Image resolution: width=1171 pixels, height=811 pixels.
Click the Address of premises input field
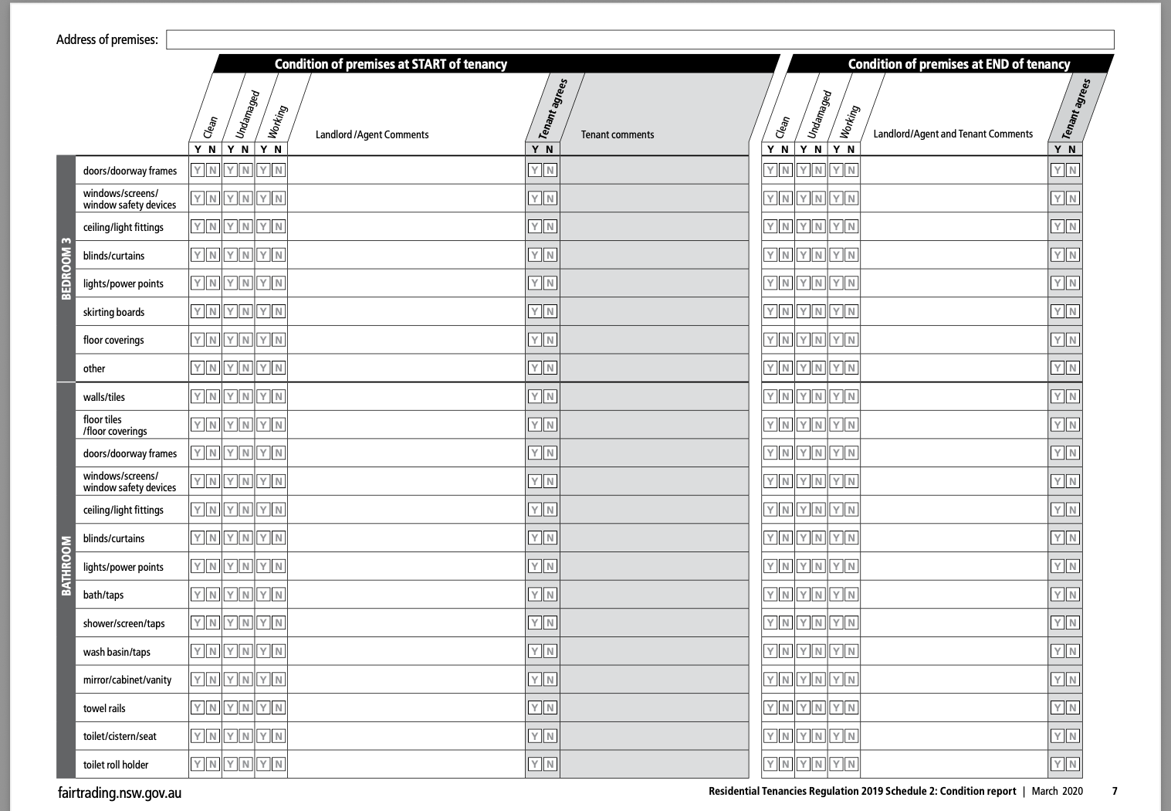click(x=640, y=39)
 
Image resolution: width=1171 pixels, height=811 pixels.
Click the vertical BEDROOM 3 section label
click(x=66, y=268)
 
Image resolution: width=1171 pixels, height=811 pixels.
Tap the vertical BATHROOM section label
click(x=66, y=565)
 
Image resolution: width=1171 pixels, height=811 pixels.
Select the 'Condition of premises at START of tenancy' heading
click(x=391, y=64)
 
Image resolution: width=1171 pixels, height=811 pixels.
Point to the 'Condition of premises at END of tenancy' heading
click(x=959, y=64)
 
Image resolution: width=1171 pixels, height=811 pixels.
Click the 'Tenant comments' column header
click(x=618, y=134)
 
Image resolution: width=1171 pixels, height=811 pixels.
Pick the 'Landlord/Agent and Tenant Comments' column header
click(x=953, y=134)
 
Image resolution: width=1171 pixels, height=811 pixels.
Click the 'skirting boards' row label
click(x=114, y=312)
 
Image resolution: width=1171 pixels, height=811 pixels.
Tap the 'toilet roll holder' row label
click(x=116, y=765)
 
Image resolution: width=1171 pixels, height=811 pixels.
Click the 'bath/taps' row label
click(x=103, y=595)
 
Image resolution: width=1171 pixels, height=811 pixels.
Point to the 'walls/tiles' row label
click(x=104, y=397)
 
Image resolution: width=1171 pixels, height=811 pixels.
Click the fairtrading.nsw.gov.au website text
click(x=120, y=792)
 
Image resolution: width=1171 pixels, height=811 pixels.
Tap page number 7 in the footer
click(x=1115, y=791)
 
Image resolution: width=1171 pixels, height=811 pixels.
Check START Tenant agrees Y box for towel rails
click(x=534, y=708)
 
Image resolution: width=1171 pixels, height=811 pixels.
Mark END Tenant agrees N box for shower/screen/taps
click(x=1072, y=623)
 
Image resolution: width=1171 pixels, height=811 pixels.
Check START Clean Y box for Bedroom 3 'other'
click(x=198, y=368)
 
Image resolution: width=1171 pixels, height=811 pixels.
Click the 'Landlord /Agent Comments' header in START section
click(x=372, y=134)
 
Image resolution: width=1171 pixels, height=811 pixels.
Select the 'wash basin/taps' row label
click(x=117, y=652)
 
